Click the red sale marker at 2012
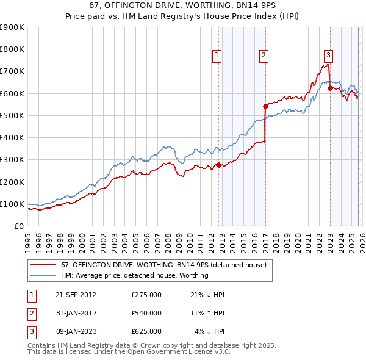(218, 165)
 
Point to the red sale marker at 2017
(265, 106)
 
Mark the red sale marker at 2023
(330, 87)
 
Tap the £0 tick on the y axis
(18, 226)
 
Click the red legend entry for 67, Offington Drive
(163, 265)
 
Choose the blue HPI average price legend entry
(134, 275)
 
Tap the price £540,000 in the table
(146, 313)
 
